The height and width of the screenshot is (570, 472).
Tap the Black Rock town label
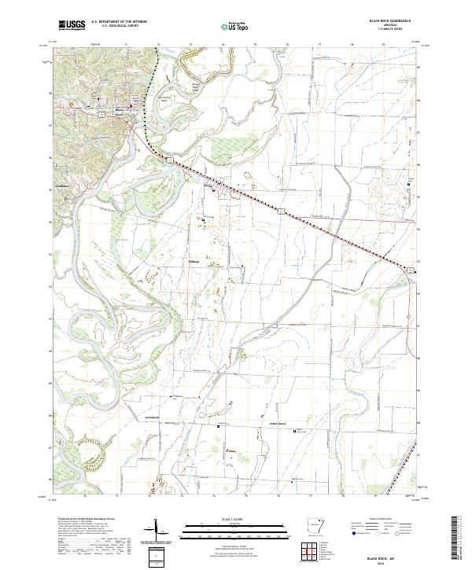pos(120,111)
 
